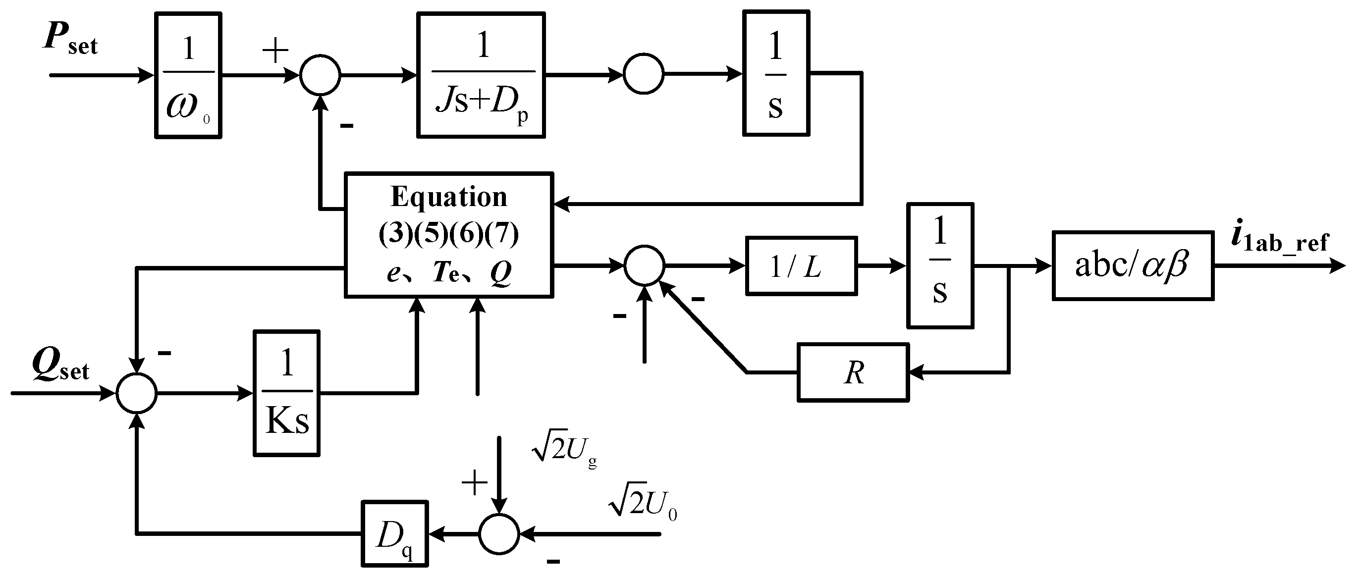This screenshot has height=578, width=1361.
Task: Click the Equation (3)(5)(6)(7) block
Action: click(x=448, y=235)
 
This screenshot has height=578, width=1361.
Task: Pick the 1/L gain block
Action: click(x=801, y=266)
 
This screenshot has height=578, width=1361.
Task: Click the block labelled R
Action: click(x=853, y=372)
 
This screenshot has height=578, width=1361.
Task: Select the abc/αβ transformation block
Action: click(x=1133, y=266)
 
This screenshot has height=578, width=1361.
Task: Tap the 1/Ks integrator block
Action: click(x=287, y=393)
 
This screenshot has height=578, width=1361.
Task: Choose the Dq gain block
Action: click(x=395, y=533)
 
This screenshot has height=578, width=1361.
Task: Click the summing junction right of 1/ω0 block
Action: click(x=320, y=75)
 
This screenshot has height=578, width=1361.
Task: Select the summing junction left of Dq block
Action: click(x=499, y=533)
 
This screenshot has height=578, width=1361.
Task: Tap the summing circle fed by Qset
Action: click(x=137, y=393)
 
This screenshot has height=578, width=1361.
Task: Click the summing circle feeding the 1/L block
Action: click(x=644, y=265)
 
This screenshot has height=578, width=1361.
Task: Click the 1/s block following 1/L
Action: click(x=940, y=266)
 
